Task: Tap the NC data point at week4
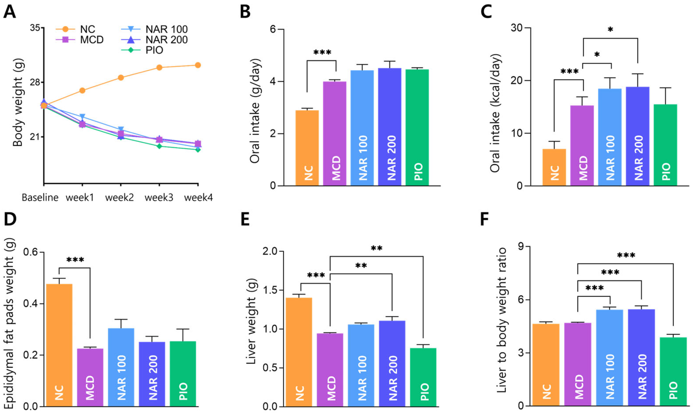click(198, 65)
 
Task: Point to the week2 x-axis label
click(120, 197)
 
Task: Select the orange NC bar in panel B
click(307, 148)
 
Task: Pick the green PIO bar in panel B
click(417, 127)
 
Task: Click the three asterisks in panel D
click(75, 260)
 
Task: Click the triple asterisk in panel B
click(322, 52)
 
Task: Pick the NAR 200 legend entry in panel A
click(154, 40)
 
